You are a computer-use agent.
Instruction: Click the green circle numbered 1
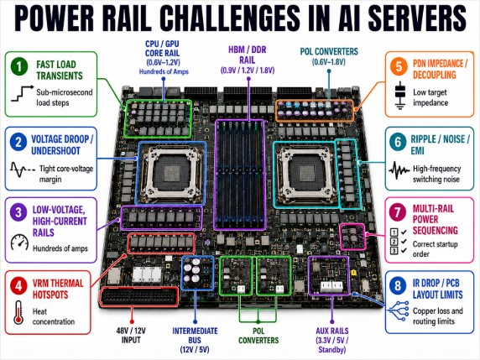click(x=19, y=66)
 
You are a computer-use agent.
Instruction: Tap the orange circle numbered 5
click(x=399, y=66)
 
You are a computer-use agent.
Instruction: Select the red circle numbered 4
click(x=19, y=285)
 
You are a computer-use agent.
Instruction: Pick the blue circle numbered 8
click(x=398, y=285)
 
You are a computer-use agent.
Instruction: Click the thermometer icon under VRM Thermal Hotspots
click(x=18, y=312)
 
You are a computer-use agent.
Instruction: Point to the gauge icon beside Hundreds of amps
click(x=19, y=243)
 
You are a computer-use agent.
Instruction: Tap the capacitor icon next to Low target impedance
click(x=399, y=96)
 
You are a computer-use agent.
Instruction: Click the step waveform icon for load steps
click(x=23, y=93)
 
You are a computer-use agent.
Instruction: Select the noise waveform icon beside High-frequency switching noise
click(x=399, y=170)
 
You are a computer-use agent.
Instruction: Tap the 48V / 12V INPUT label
click(x=131, y=335)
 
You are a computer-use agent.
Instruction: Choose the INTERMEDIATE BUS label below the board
click(x=195, y=336)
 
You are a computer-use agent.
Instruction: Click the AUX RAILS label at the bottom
click(x=332, y=331)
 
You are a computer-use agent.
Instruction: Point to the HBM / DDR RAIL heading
click(x=248, y=55)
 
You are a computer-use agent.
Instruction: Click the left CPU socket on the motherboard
click(x=171, y=173)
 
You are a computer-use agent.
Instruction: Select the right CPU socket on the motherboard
click(x=306, y=174)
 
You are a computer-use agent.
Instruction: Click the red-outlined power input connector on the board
click(x=139, y=296)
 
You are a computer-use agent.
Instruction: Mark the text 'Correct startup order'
click(x=435, y=249)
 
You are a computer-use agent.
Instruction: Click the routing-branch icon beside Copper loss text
click(x=399, y=310)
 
